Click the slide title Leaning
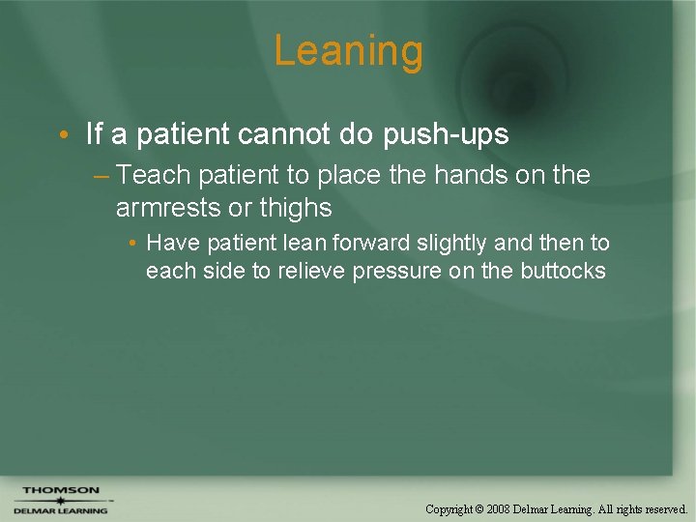[x=348, y=51]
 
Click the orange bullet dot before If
[x=64, y=135]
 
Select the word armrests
[x=169, y=207]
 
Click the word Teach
[x=157, y=175]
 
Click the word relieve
[x=311, y=271]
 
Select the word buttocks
[x=563, y=271]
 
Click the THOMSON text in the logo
[x=61, y=491]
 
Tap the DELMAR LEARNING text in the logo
[x=60, y=510]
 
